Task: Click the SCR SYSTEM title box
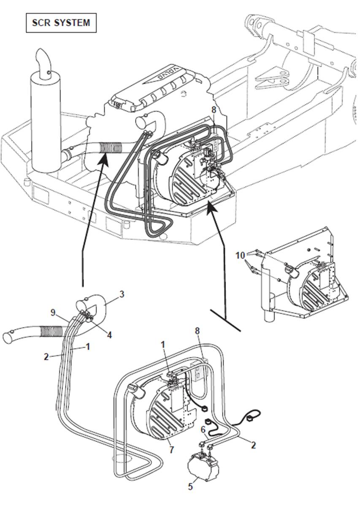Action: [61, 23]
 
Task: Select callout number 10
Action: [240, 256]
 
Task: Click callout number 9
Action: [53, 313]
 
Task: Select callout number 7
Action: [171, 450]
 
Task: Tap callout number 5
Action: [190, 487]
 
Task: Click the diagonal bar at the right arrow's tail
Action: [225, 319]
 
